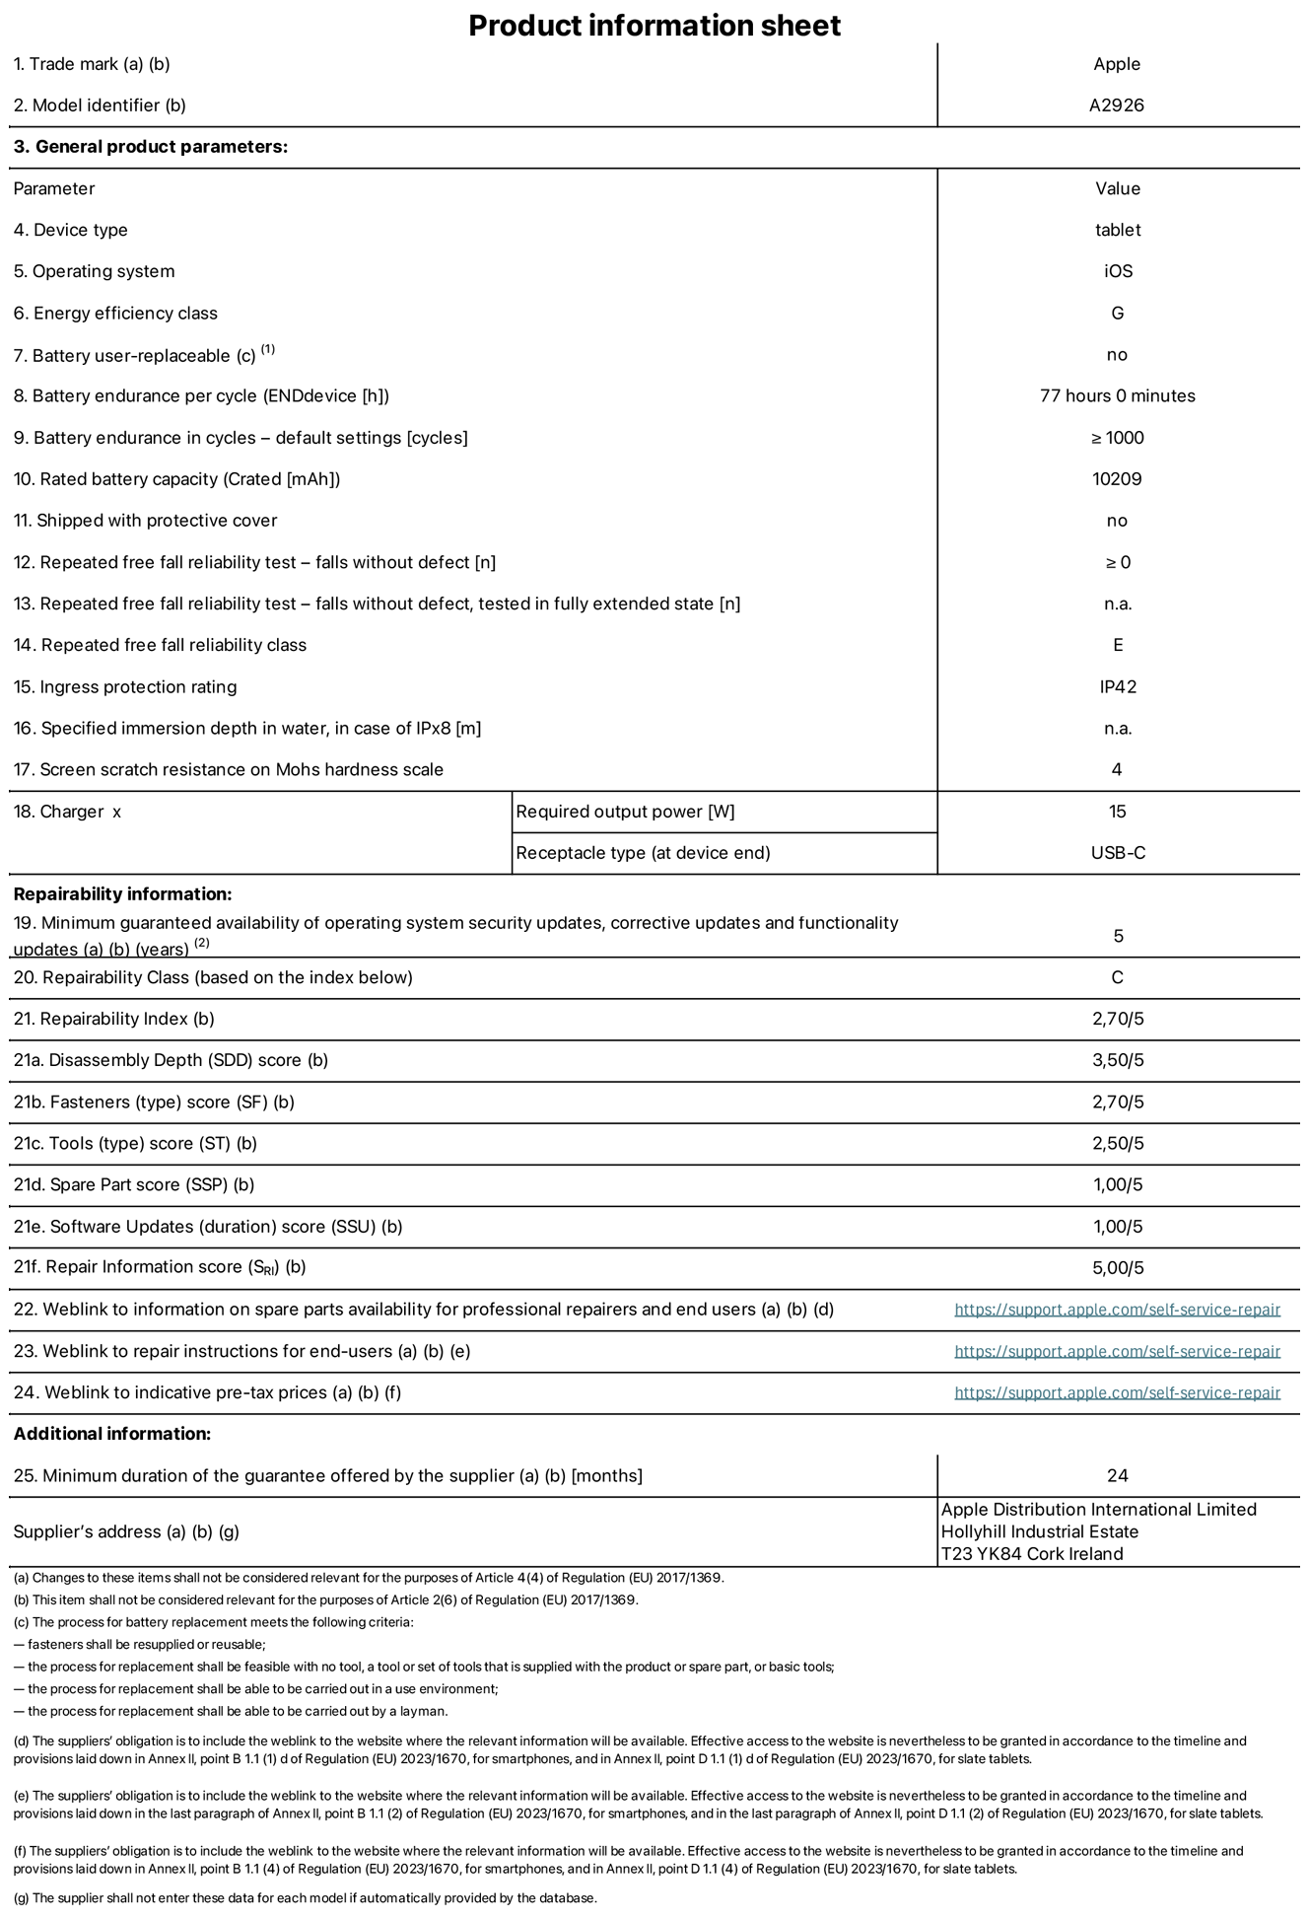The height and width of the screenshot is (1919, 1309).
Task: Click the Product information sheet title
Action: (x=654, y=26)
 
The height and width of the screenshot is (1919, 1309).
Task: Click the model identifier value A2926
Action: (x=1116, y=106)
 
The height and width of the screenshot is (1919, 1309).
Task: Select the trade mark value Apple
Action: (x=1116, y=64)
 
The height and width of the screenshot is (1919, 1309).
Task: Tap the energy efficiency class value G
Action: (x=1117, y=314)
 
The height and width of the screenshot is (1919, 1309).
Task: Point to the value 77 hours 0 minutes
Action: (x=1117, y=396)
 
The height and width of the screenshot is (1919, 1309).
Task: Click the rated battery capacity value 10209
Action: (x=1117, y=479)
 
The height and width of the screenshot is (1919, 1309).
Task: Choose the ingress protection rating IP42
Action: (x=1117, y=687)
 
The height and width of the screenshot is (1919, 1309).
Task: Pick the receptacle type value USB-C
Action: (x=1117, y=853)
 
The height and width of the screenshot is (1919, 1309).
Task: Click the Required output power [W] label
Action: (x=625, y=812)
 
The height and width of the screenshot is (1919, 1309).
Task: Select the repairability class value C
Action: (x=1117, y=978)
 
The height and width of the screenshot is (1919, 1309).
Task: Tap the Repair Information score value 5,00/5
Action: (x=1117, y=1268)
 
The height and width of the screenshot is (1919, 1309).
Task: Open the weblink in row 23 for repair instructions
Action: (x=1117, y=1352)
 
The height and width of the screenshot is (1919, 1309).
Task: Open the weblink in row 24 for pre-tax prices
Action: (x=1117, y=1393)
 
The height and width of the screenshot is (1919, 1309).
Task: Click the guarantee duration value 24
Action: (x=1117, y=1476)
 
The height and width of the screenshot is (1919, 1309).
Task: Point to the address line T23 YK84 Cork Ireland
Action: (x=1032, y=1554)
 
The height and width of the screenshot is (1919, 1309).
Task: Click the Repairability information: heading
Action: (x=122, y=894)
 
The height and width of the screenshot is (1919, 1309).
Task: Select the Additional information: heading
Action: (x=112, y=1434)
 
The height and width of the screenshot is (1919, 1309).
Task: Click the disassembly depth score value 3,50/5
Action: (x=1117, y=1061)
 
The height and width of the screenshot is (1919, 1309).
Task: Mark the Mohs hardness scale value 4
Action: (x=1117, y=770)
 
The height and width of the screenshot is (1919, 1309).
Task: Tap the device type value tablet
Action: (x=1117, y=230)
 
